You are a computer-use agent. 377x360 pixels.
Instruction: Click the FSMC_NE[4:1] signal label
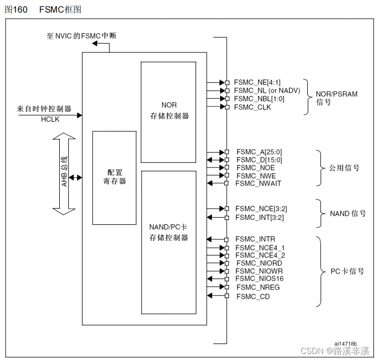(257, 82)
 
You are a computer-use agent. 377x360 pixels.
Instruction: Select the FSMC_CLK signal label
(252, 107)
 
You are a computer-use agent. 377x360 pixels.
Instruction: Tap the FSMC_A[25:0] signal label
(259, 152)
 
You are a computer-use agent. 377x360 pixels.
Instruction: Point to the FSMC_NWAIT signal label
(258, 184)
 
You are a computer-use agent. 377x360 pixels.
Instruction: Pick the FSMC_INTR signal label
(255, 239)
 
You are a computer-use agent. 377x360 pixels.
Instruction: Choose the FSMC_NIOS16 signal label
(259, 279)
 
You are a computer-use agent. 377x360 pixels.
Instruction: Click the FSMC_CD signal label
(253, 297)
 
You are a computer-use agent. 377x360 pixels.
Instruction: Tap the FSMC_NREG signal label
(257, 287)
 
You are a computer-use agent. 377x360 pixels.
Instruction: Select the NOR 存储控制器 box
(169, 112)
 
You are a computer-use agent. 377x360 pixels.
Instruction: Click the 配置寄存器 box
(114, 177)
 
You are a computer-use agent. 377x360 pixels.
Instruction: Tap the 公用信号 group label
(345, 168)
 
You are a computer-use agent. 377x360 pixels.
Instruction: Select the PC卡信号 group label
(347, 272)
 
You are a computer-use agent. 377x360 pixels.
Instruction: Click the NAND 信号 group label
(348, 214)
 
